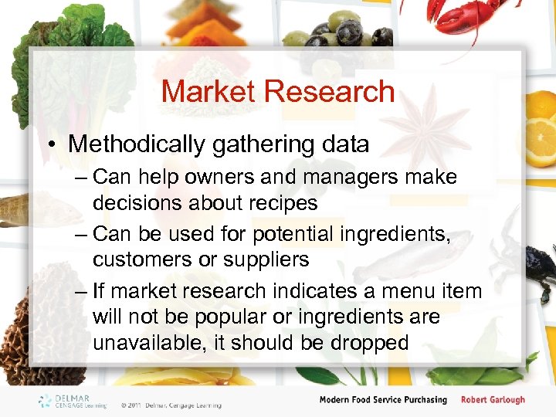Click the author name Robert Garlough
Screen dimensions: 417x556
point(493,399)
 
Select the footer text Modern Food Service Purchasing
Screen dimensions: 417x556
point(383,399)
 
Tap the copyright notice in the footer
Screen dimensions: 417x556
point(171,405)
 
